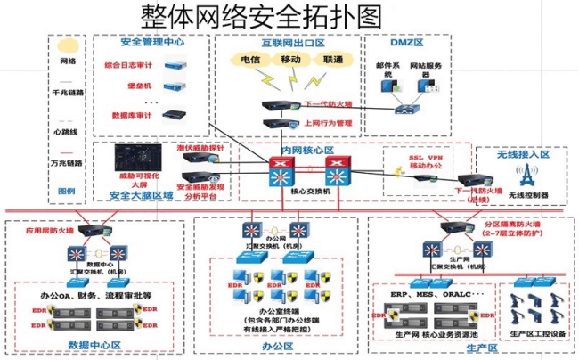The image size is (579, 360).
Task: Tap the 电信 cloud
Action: pos(250,60)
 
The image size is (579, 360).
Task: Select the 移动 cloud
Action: pos(290,60)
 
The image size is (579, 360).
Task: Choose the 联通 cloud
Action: pos(333,60)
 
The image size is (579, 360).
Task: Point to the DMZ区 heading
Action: pos(407,42)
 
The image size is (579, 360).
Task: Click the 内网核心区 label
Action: pos(307,151)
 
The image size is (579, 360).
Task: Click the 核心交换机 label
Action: pos(310,192)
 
